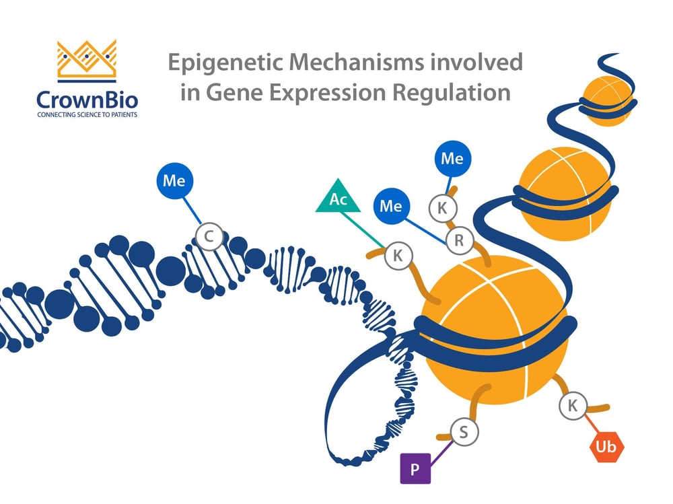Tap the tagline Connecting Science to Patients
pos(87,115)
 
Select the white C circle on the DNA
pos(209,237)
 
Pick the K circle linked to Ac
pos(397,255)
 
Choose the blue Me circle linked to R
pos(391,206)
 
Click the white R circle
pos(460,242)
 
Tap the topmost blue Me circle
pos(452,159)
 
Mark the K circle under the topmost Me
pos(442,208)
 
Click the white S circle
pos(463,431)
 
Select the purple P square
pos(415,468)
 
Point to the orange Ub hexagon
pos(607,446)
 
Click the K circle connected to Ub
pos(573,406)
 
